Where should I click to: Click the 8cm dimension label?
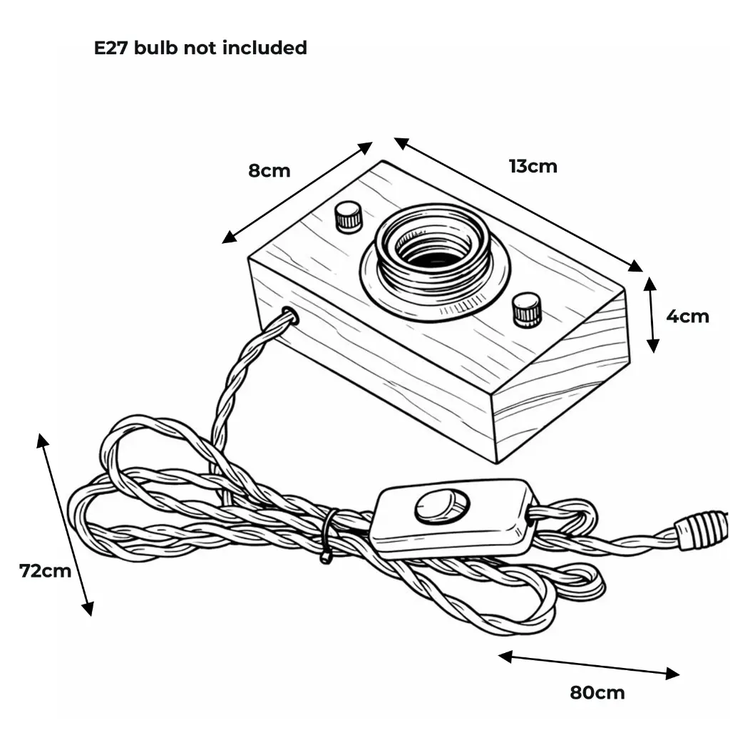click(269, 171)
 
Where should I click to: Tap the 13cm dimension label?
click(533, 166)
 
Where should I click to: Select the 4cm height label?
click(688, 317)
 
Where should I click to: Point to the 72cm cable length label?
click(45, 571)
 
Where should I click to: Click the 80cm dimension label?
click(597, 693)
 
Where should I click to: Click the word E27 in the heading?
click(110, 48)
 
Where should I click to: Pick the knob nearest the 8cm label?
click(348, 217)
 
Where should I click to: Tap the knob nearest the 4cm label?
click(527, 309)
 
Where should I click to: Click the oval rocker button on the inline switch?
click(441, 505)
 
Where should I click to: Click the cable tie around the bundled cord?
click(329, 535)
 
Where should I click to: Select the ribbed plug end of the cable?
click(701, 530)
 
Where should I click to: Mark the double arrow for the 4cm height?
click(652, 314)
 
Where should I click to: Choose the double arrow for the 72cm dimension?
click(65, 525)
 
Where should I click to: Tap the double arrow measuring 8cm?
click(297, 192)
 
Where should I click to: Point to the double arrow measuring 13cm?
click(518, 205)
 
